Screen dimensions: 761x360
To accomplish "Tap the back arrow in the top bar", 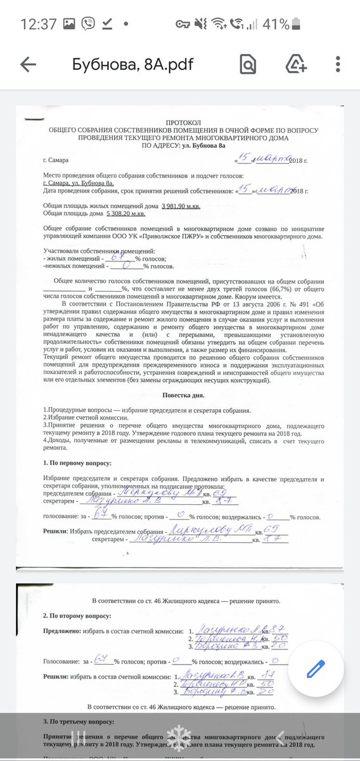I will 28,65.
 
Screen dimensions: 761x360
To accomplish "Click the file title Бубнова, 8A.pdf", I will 132,65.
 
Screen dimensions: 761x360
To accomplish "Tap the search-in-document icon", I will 248,65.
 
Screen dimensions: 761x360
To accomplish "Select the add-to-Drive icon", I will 296,65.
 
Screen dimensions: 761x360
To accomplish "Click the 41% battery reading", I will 276,25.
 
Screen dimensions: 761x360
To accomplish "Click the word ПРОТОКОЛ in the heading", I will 183,122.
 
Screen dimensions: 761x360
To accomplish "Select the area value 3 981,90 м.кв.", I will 186,206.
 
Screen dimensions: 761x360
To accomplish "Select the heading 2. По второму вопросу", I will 77,616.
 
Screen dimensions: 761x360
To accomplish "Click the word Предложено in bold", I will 62,632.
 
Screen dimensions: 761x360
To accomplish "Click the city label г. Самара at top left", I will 56,160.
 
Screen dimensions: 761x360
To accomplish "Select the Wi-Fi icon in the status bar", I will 219,25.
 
